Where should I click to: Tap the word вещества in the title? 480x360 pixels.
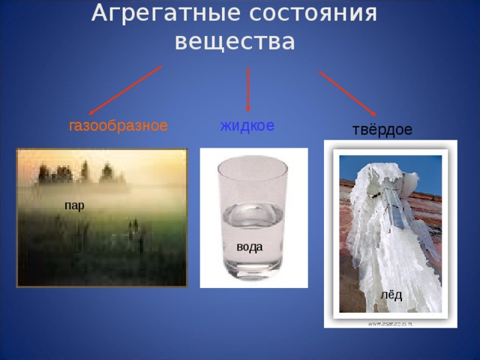click(235, 41)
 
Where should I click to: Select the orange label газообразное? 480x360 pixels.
click(118, 125)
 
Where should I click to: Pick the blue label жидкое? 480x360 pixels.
click(247, 124)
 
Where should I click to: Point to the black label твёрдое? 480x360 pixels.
click(382, 130)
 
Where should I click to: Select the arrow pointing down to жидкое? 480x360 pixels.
click(248, 90)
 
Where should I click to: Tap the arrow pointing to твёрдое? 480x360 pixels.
click(347, 93)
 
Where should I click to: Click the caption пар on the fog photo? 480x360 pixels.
click(74, 205)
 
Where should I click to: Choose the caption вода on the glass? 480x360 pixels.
click(249, 246)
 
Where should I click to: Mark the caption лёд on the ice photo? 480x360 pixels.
click(391, 295)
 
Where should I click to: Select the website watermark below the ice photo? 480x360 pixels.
click(391, 323)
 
